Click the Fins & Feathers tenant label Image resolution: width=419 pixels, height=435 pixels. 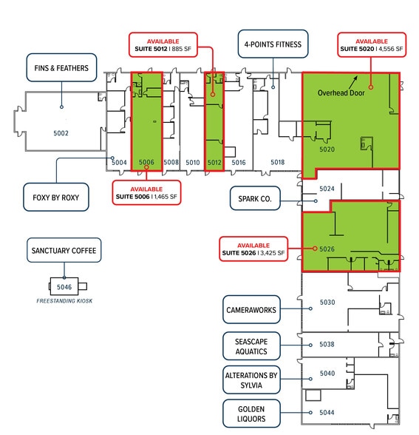pyautogui.click(x=61, y=68)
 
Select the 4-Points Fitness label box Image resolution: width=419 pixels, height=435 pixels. pyautogui.click(x=273, y=44)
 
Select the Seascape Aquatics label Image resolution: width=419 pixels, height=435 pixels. pyautogui.click(x=252, y=345)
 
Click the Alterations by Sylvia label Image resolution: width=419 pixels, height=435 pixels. pyautogui.click(x=252, y=380)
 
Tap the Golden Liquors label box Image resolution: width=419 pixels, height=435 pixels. pyautogui.click(x=252, y=413)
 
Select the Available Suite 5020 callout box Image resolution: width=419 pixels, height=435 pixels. pyautogui.click(x=371, y=45)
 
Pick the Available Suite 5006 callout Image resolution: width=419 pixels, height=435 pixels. pyautogui.click(x=146, y=192)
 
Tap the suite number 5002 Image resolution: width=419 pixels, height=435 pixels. pyautogui.click(x=61, y=133)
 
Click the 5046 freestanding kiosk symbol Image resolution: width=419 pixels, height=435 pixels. pyautogui.click(x=64, y=286)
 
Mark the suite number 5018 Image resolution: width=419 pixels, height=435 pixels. pyautogui.click(x=277, y=161)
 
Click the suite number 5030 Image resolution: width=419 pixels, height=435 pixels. pyautogui.click(x=327, y=302)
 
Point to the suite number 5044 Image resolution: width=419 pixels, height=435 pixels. pyautogui.click(x=327, y=412)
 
